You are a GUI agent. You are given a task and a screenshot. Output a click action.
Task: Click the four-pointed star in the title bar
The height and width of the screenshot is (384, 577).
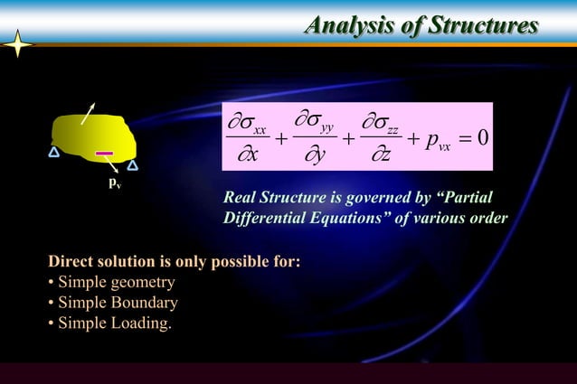tap(19, 44)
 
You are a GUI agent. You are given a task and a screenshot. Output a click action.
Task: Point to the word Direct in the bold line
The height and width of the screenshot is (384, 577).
tap(71, 263)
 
